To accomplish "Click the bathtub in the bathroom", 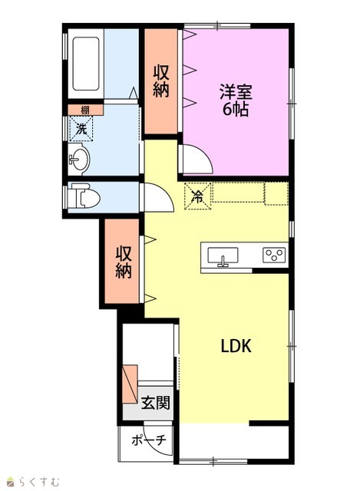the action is (86, 64).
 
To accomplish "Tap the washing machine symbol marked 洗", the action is (81, 129).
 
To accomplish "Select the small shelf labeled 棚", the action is (85, 110).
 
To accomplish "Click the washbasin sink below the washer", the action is (78, 160).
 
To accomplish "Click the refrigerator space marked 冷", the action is (198, 196).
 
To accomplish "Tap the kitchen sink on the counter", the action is (223, 256).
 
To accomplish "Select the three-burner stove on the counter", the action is (274, 255).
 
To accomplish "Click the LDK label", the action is (236, 346).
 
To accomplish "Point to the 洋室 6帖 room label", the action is (236, 101).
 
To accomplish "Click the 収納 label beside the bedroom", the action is (161, 81).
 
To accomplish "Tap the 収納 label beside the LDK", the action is (124, 262).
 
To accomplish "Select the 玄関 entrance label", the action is (155, 403).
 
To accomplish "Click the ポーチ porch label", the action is (148, 440).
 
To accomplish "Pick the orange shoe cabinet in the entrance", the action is (130, 384).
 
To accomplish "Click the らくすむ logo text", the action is (38, 481).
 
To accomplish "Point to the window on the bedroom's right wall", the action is (292, 104).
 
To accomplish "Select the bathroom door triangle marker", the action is (134, 94).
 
